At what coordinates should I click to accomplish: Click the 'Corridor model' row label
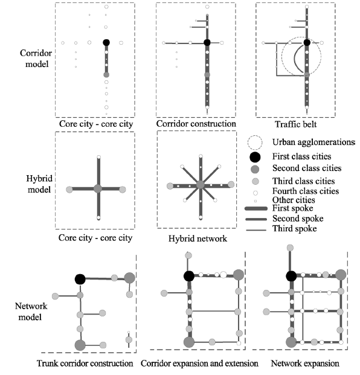pos(36,59)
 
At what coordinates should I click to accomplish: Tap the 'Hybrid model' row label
pos(39,184)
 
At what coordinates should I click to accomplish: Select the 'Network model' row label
pos(31,312)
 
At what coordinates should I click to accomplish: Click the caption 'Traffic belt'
pos(295,124)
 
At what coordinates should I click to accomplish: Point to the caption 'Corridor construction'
pos(196,124)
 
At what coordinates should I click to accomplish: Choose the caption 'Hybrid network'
pos(198,239)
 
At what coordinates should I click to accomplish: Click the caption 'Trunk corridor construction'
pos(85,364)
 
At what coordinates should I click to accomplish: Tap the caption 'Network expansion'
pos(305,364)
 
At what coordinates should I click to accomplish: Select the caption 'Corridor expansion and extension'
pos(199,364)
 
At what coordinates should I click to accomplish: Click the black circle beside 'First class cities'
pos(255,157)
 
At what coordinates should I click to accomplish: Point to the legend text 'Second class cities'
pos(307,168)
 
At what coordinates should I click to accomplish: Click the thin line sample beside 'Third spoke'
pos(256,230)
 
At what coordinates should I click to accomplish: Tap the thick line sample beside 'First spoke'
pos(256,209)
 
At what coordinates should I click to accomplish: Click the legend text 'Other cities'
pos(294,200)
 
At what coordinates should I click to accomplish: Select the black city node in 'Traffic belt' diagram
pos(307,42)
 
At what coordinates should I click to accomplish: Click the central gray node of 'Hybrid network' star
pos(201,185)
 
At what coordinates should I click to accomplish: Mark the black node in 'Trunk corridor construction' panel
pos(80,279)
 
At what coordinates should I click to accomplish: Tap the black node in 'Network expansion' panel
pos(291,276)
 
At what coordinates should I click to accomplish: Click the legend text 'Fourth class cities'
pos(306,191)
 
